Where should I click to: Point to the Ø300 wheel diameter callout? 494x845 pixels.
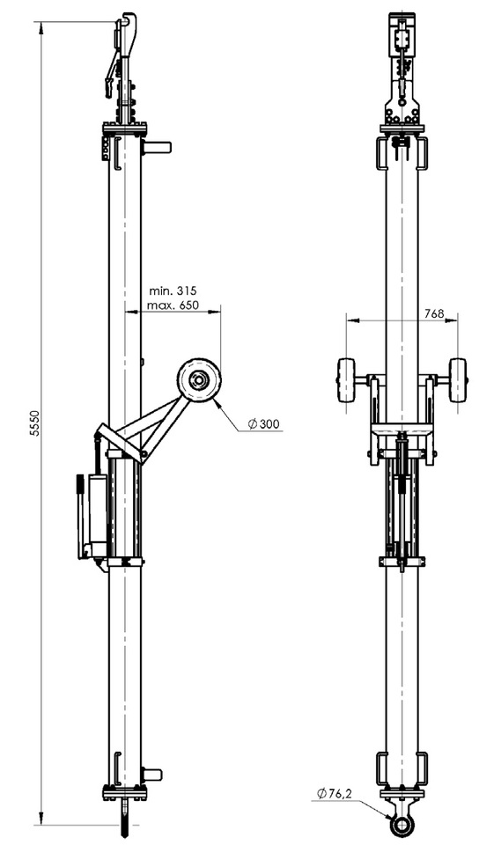click(x=264, y=424)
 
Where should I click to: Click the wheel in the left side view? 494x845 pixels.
click(x=198, y=381)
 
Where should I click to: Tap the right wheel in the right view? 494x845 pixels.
click(x=458, y=381)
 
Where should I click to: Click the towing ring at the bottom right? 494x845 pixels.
click(x=402, y=822)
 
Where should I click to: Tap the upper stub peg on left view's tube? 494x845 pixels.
click(x=156, y=147)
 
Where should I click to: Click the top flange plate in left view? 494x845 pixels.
click(x=124, y=130)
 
